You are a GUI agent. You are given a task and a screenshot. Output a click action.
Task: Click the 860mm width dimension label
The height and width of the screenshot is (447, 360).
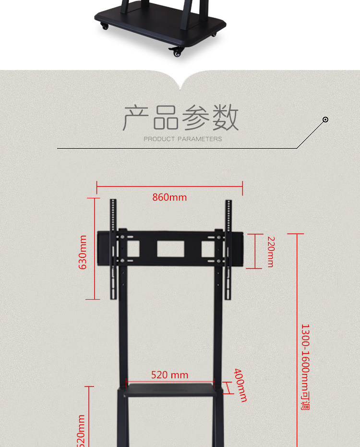click(x=169, y=197)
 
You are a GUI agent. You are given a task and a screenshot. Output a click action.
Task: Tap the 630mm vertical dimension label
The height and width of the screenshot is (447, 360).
click(x=83, y=252)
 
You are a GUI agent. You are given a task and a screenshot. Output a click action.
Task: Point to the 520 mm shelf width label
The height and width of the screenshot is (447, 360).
click(x=169, y=375)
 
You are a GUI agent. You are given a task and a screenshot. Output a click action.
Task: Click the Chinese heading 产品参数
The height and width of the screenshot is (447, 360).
click(x=181, y=118)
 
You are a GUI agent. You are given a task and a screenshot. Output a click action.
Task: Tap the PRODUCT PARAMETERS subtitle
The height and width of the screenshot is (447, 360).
click(x=183, y=139)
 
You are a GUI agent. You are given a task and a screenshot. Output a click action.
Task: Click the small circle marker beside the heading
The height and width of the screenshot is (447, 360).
click(x=325, y=120)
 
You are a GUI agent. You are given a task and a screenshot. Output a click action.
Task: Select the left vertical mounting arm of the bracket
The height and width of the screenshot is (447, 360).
click(x=113, y=250)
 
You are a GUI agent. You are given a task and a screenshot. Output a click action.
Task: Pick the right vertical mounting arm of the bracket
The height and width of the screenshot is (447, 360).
click(x=228, y=250)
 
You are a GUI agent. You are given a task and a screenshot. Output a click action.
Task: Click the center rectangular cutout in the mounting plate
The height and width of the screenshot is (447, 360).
click(x=171, y=248)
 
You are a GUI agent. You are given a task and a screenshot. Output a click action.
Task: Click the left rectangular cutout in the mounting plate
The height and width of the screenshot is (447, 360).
click(x=133, y=248)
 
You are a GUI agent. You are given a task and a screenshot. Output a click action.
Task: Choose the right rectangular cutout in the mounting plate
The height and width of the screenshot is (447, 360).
click(x=208, y=248)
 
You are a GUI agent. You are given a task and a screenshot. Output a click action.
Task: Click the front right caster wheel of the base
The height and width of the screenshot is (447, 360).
click(x=178, y=51)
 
